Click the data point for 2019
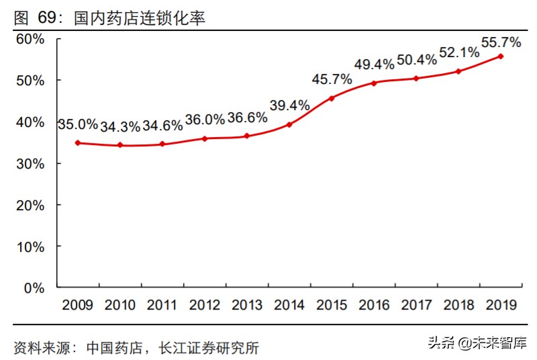click(x=501, y=56)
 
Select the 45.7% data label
click(x=332, y=80)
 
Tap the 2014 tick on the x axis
click(x=289, y=306)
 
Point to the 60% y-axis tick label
click(x=30, y=40)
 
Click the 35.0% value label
click(x=78, y=125)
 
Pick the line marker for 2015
click(x=332, y=98)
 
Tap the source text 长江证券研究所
click(x=208, y=348)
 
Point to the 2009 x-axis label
click(x=78, y=306)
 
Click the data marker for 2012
click(x=205, y=138)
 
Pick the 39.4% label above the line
click(x=289, y=105)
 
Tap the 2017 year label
click(x=416, y=306)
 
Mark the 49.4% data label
click(x=374, y=64)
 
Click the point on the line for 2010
click(x=120, y=145)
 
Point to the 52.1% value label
click(x=458, y=52)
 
